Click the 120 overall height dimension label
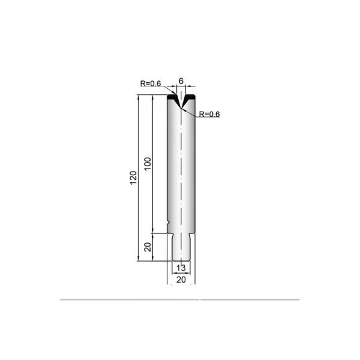tap(133, 178)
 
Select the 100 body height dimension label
tap(148, 163)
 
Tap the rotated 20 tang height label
tap(148, 247)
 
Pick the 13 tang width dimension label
tap(181, 268)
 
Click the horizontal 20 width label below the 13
tap(181, 280)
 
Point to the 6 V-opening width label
tap(181, 81)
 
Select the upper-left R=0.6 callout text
tap(151, 83)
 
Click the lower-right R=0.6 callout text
tap(209, 114)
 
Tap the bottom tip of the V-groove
tap(181, 108)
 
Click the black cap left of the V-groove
tap(173, 97)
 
